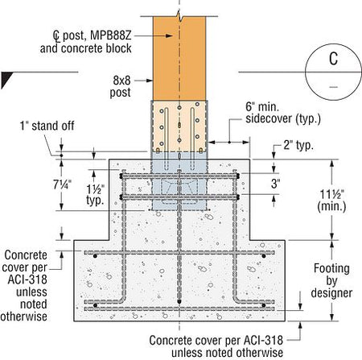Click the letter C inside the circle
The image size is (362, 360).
tap(333, 59)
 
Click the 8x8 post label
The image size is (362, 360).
tap(121, 86)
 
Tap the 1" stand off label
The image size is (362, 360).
tap(47, 126)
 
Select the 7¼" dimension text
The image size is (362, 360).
tap(62, 184)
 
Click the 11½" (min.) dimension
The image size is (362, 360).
tap(331, 201)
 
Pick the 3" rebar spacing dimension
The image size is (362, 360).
tap(275, 184)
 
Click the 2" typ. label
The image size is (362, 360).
tap(298, 145)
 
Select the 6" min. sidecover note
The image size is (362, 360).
tap(283, 113)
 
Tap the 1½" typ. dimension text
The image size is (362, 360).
tap(95, 195)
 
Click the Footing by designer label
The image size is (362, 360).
tap(331, 280)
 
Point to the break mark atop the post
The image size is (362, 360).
tap(179, 17)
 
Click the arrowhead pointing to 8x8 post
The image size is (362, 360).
tap(149, 81)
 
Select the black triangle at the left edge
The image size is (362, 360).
tap(6, 79)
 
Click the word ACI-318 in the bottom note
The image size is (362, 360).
tap(263, 340)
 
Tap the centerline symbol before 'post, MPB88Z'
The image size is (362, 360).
tap(56, 35)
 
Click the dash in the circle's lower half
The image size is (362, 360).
tap(333, 87)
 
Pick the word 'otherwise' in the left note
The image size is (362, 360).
tap(24, 317)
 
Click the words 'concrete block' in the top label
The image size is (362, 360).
tap(97, 48)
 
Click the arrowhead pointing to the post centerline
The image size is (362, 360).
tap(169, 35)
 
